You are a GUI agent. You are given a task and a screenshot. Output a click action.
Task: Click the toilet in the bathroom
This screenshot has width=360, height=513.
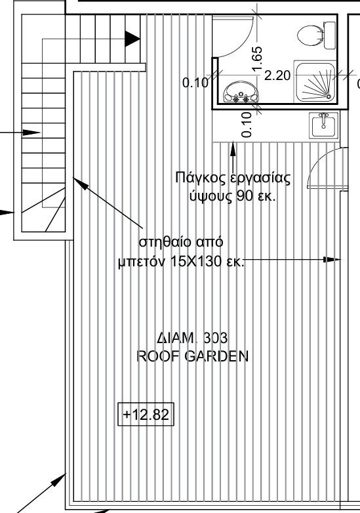314,34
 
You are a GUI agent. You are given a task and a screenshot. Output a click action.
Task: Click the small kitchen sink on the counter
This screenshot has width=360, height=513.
323,125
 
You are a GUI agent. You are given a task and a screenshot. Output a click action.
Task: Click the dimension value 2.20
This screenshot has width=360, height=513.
277,75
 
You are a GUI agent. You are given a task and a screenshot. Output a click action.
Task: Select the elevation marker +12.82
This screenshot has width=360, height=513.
146,415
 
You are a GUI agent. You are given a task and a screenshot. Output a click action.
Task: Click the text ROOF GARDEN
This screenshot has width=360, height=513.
192,356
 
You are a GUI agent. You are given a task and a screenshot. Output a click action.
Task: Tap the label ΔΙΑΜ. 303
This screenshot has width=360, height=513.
192,339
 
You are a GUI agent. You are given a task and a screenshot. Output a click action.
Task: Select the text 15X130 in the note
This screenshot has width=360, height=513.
192,262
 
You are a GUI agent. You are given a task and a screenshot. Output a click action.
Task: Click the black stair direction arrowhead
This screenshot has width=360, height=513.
133,39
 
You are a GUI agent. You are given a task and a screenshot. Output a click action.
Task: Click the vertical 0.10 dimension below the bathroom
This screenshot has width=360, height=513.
247,124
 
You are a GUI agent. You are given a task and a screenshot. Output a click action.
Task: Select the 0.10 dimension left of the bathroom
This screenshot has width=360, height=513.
195,83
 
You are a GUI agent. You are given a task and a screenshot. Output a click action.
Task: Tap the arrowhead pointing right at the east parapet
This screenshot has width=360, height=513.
334,260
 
